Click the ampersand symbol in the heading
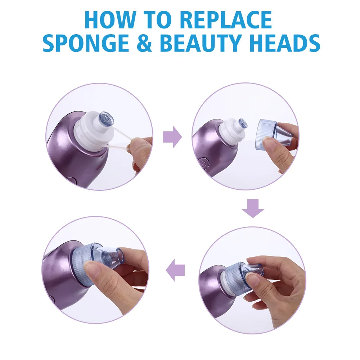point(144,43)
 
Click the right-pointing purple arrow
point(172,137)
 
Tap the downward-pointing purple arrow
point(253,208)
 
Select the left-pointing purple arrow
point(175,270)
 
